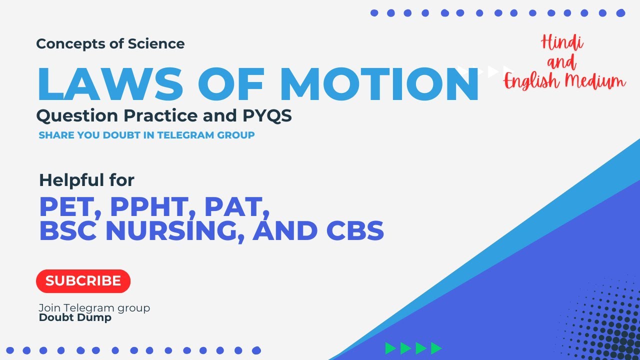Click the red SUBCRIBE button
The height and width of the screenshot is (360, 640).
tap(83, 281)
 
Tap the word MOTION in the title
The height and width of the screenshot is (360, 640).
tap(379, 84)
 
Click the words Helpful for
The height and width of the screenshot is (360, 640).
tap(86, 180)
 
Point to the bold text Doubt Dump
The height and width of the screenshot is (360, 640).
tap(75, 317)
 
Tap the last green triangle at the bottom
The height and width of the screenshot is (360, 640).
tap(436, 348)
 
